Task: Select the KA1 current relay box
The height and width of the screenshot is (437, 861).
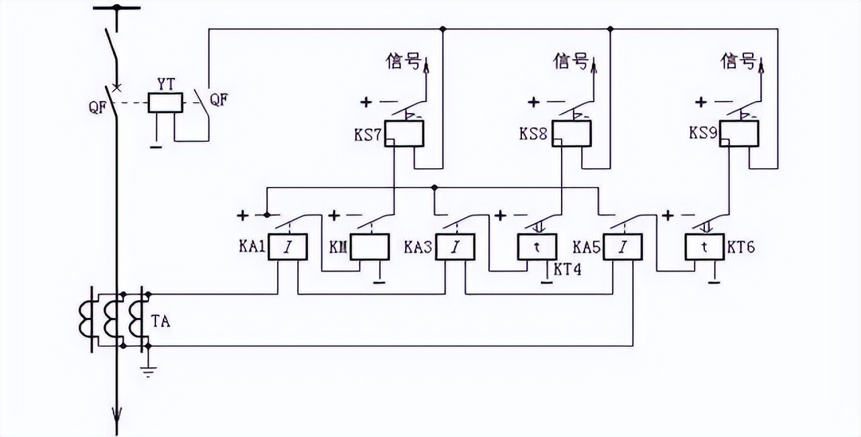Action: [288, 247]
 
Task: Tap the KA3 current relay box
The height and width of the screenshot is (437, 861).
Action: [455, 247]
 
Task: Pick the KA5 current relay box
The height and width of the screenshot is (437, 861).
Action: [622, 247]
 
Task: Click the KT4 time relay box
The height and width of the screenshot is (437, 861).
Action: [536, 247]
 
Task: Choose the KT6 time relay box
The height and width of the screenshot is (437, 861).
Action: [704, 247]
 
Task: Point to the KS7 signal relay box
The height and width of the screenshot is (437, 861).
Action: [404, 134]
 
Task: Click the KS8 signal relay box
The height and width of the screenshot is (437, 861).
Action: [571, 134]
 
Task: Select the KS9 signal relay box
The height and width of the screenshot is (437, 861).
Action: [739, 134]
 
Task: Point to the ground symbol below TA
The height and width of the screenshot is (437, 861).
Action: [149, 370]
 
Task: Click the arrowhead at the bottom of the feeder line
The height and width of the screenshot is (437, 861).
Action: [117, 425]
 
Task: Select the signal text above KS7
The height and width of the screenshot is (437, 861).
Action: [406, 63]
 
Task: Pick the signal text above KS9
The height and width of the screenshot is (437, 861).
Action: [739, 63]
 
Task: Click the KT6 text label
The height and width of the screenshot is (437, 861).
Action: [741, 248]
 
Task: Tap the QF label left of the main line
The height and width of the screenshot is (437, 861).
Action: [98, 106]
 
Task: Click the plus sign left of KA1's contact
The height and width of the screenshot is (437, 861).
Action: [243, 215]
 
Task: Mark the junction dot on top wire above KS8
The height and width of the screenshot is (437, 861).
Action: [610, 29]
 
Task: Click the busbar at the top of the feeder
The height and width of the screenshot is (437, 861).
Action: [117, 8]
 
